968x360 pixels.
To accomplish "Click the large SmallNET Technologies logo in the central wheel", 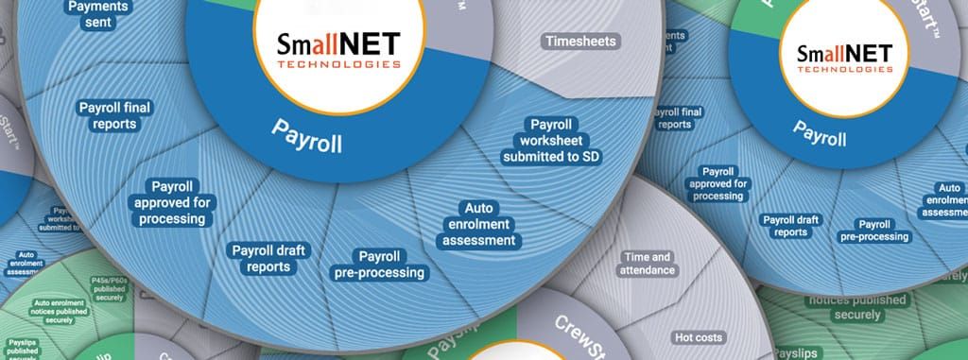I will click(x=338, y=51).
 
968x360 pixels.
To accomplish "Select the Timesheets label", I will click(x=579, y=42).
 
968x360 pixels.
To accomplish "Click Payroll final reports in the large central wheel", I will click(x=115, y=116).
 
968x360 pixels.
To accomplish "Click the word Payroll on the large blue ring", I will click(x=306, y=140).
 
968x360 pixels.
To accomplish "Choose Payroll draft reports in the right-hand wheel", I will click(x=790, y=226).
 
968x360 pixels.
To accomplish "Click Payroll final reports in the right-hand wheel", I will click(x=680, y=117).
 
